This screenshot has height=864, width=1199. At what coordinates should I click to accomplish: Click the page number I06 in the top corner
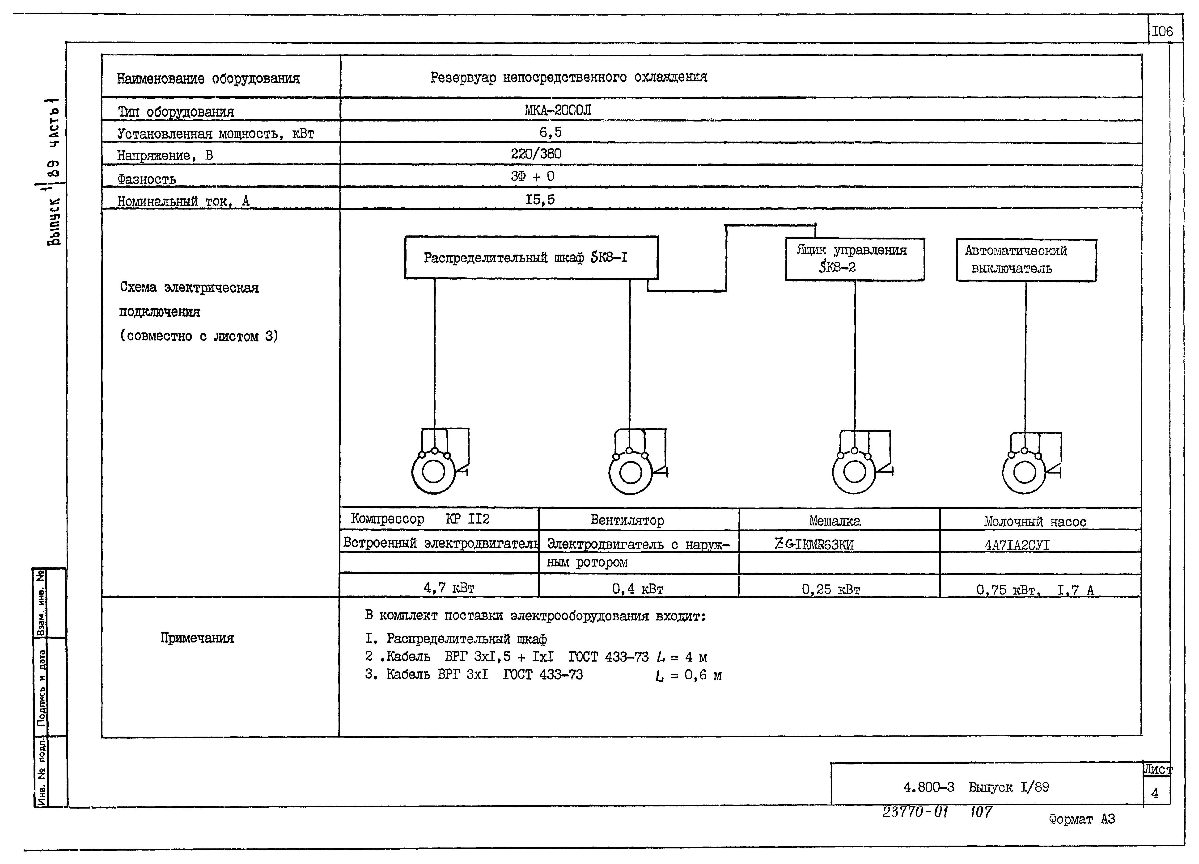(1162, 32)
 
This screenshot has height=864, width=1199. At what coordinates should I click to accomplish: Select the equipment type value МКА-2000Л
(558, 110)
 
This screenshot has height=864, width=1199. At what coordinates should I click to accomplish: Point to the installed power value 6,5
(550, 132)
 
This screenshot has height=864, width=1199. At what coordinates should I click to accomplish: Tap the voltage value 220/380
(536, 154)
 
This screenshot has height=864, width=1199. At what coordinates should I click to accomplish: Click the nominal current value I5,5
(540, 199)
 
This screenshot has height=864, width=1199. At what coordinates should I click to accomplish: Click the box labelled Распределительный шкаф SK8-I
(531, 257)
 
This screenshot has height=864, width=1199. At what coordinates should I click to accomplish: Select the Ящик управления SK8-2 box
(854, 259)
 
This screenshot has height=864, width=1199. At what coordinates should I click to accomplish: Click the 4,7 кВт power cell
(449, 587)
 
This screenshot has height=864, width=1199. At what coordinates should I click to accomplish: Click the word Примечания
(197, 638)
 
